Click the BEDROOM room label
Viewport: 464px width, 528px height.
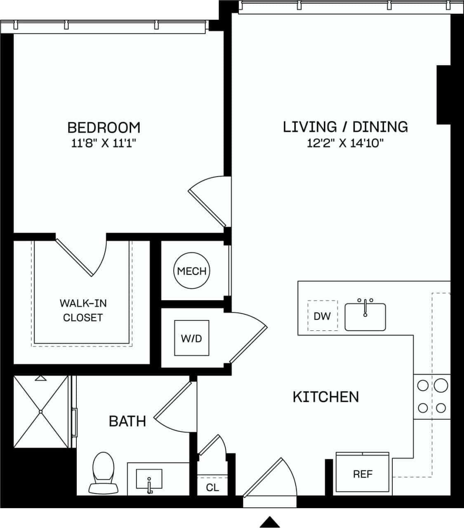click(104, 127)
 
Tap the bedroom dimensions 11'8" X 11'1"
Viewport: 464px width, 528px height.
click(104, 144)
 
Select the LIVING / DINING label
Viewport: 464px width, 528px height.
click(345, 127)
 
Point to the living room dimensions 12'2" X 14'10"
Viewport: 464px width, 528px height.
click(345, 143)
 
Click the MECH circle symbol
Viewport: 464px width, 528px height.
click(192, 271)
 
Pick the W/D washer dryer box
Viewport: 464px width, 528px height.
click(191, 338)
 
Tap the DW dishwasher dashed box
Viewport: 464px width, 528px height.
click(322, 316)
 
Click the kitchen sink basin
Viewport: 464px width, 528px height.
click(365, 317)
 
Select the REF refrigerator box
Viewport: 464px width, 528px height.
click(363, 474)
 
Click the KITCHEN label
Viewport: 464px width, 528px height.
click(325, 397)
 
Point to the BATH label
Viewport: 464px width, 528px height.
click(127, 421)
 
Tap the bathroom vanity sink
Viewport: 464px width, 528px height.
click(149, 480)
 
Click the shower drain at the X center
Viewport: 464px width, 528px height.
click(41, 411)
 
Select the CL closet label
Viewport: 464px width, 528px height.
click(212, 488)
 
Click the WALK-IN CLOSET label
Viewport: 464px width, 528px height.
click(83, 310)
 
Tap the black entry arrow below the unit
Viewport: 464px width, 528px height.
click(270, 521)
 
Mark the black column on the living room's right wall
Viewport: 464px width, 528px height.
click(443, 94)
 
